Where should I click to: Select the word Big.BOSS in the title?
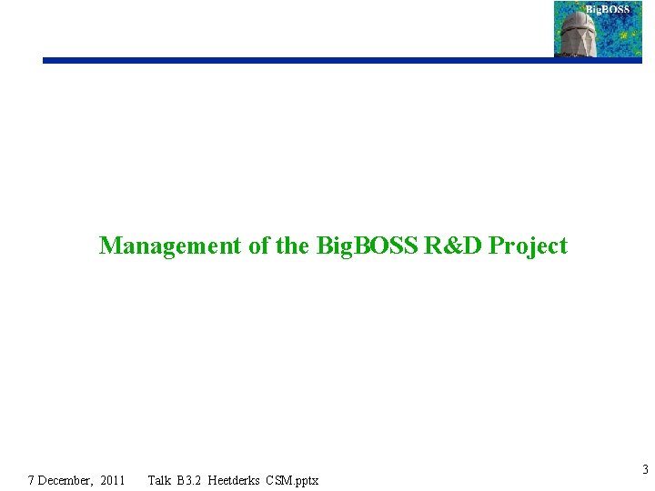[368, 245]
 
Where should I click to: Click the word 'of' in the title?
[258, 245]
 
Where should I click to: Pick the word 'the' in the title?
[292, 245]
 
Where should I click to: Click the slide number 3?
[645, 470]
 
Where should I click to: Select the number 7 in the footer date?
[32, 480]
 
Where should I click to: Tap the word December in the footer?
[66, 480]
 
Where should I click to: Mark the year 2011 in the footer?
[113, 480]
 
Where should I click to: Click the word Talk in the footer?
[159, 480]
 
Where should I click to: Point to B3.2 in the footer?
[188, 480]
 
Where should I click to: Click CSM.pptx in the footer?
[294, 480]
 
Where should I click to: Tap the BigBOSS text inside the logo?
[607, 10]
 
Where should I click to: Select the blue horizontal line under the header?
[300, 61]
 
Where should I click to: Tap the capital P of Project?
[496, 245]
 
